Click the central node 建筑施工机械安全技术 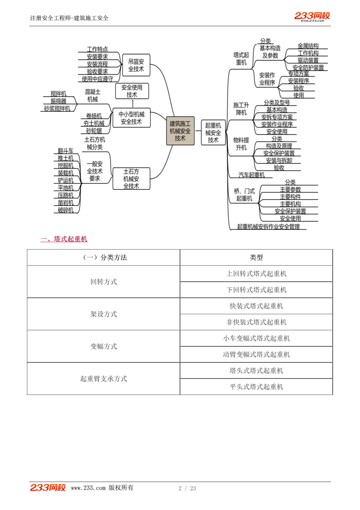pyautogui.click(x=180, y=131)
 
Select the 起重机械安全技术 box pyautogui.click(x=213, y=132)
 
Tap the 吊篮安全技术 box pyautogui.click(x=136, y=65)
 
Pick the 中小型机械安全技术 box pyautogui.click(x=131, y=118)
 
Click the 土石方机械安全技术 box pyautogui.click(x=131, y=178)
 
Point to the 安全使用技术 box pyautogui.click(x=132, y=91)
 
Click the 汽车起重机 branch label pyautogui.click(x=252, y=175)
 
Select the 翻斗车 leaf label pyautogui.click(x=65, y=151)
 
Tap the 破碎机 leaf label pyautogui.click(x=65, y=210)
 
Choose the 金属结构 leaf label pyautogui.click(x=308, y=46)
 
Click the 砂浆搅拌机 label pyautogui.click(x=57, y=109)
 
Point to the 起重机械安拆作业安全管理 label pyautogui.click(x=268, y=226)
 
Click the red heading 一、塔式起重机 pyautogui.click(x=64, y=239)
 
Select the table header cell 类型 pyautogui.click(x=256, y=257)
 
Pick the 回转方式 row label pyautogui.click(x=104, y=282)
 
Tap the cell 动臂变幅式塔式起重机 pyautogui.click(x=256, y=354)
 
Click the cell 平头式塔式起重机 pyautogui.click(x=256, y=387)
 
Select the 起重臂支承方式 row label pyautogui.click(x=104, y=378)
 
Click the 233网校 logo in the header pyautogui.click(x=312, y=16)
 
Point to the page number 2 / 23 pyautogui.click(x=187, y=488)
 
